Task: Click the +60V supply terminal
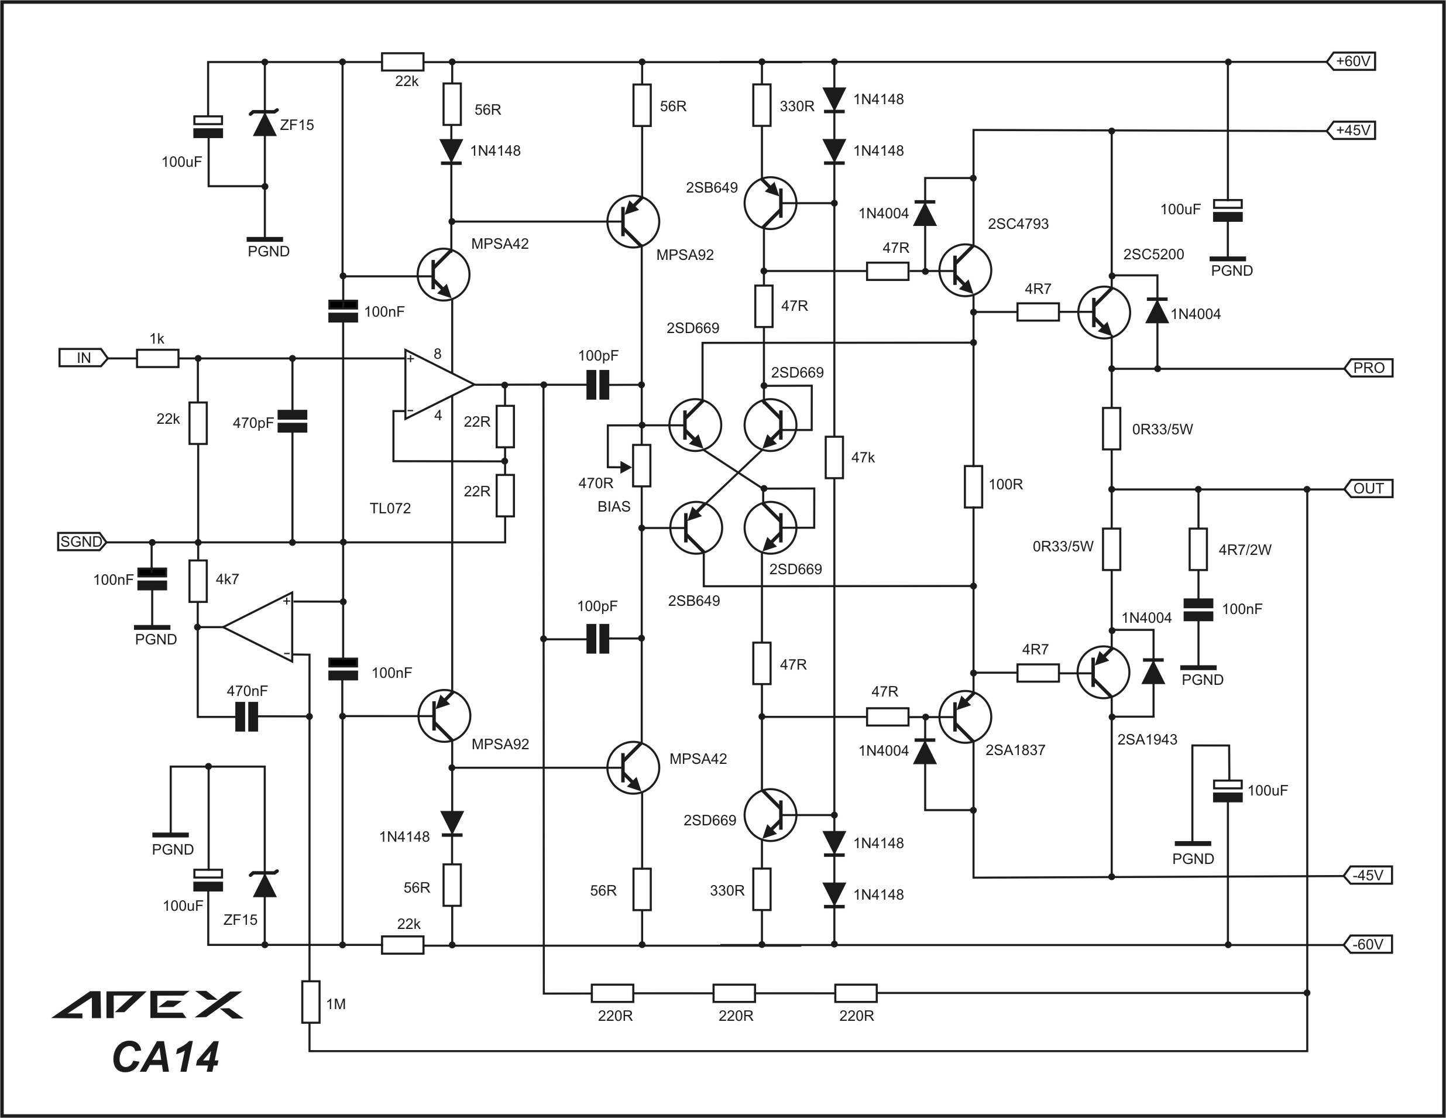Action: pyautogui.click(x=1351, y=61)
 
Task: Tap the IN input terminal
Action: pyautogui.click(x=84, y=358)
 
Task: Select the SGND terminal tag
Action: pyautogui.click(x=82, y=542)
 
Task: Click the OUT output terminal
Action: pyautogui.click(x=1368, y=489)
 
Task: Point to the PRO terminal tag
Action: pyautogui.click(x=1368, y=368)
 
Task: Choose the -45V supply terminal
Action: pyautogui.click(x=1368, y=876)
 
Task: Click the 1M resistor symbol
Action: pyautogui.click(x=311, y=1002)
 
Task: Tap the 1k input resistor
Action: pyautogui.click(x=157, y=359)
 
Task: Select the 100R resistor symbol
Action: pyautogui.click(x=973, y=487)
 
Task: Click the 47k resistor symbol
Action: pyautogui.click(x=834, y=457)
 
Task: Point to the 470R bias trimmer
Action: pyautogui.click(x=641, y=465)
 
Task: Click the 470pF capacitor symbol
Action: pyautogui.click(x=292, y=422)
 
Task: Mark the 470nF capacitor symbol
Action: pyautogui.click(x=246, y=716)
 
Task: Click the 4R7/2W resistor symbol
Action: pyautogui.click(x=1198, y=549)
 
